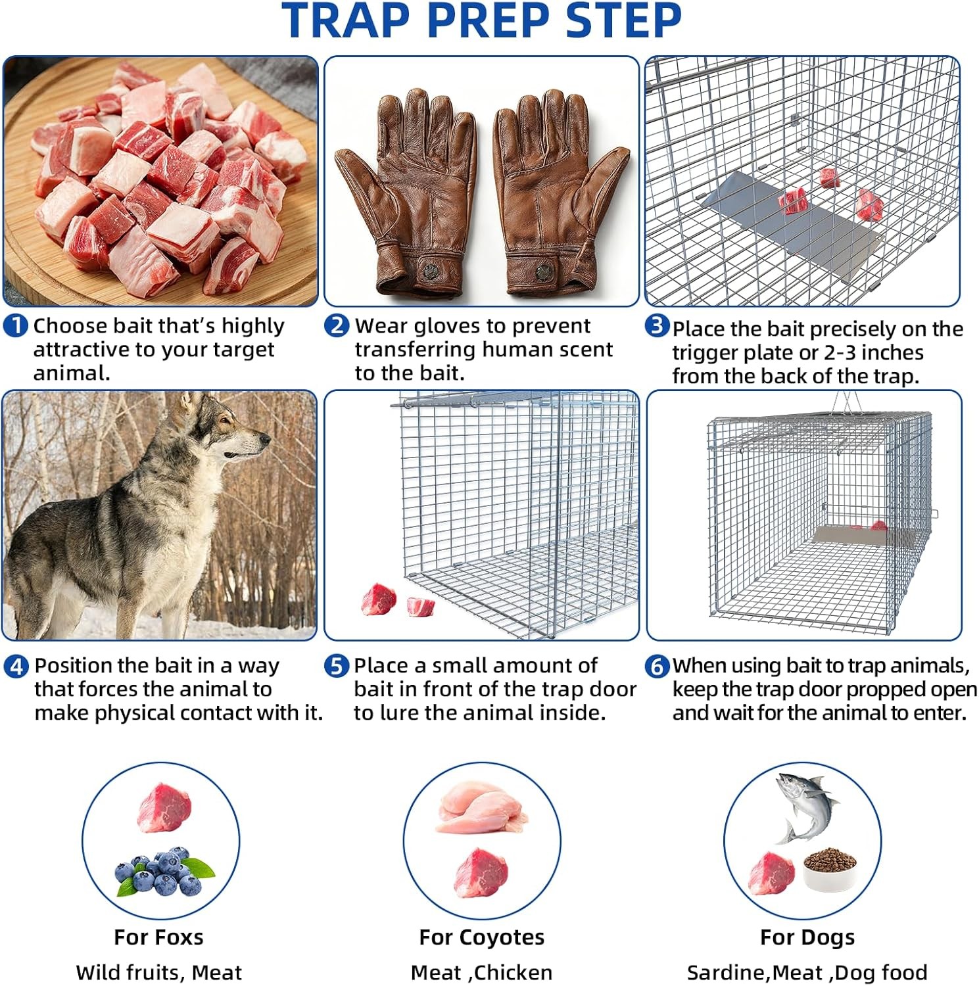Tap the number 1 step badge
(x=15, y=326)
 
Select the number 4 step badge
(x=16, y=667)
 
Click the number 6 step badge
(x=657, y=667)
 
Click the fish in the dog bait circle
(x=805, y=805)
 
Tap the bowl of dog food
(x=830, y=870)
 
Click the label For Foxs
(x=158, y=937)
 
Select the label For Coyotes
(x=481, y=937)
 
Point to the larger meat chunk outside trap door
(x=379, y=599)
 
